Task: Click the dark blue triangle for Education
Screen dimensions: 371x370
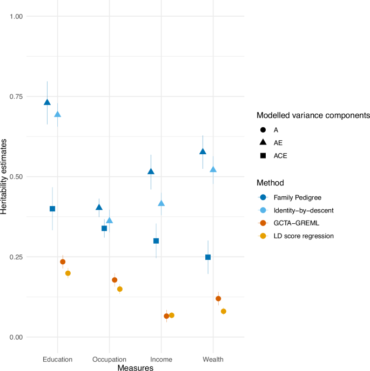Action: (47, 102)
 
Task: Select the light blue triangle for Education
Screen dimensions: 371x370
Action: (58, 114)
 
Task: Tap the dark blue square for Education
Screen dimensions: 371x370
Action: (52, 209)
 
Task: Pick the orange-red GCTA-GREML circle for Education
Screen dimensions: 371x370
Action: (63, 262)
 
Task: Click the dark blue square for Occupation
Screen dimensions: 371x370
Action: (104, 228)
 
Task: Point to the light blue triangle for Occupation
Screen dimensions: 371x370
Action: (110, 221)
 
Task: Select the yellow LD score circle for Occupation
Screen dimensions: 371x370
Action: (120, 289)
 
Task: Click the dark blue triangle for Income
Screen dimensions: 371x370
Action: (151, 171)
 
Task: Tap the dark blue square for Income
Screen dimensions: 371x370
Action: (156, 241)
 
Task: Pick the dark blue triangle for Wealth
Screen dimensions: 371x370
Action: (203, 152)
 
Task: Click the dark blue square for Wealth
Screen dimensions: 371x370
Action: (208, 257)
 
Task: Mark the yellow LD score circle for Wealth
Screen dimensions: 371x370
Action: (224, 311)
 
